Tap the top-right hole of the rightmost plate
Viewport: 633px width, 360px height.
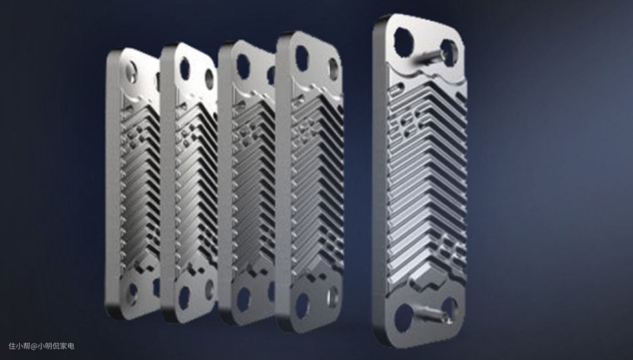pos(449,53)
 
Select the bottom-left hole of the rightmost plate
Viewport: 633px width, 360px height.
pos(403,317)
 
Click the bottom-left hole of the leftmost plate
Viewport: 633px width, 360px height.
pos(132,294)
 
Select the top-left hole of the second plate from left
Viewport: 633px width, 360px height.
pos(185,69)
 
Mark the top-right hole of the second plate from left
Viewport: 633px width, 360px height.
pos(209,79)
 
